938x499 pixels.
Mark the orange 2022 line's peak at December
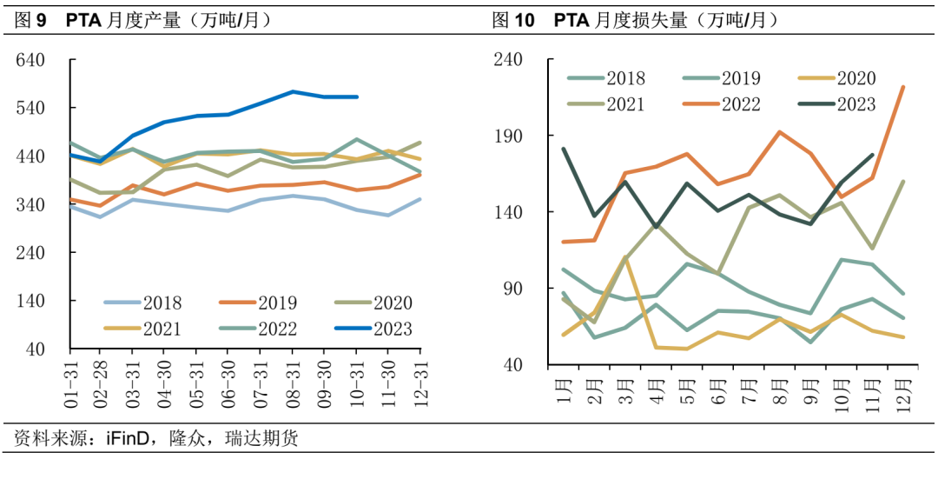(904, 87)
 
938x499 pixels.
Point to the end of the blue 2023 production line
(357, 96)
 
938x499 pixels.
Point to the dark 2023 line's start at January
(565, 149)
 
